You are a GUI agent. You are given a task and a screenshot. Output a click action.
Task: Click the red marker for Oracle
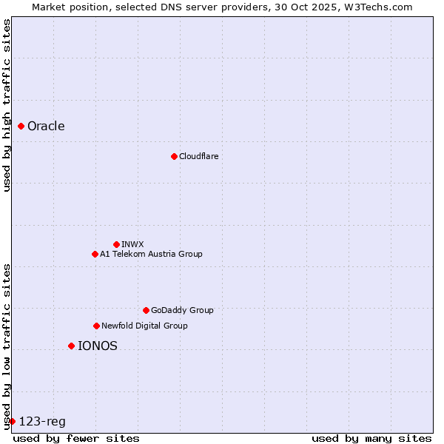click(21, 126)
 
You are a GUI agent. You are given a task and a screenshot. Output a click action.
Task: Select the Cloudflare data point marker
click(174, 156)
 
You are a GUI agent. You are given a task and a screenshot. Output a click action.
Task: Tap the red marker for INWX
click(116, 244)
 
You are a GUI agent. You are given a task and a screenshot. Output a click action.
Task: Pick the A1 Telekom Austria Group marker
click(95, 254)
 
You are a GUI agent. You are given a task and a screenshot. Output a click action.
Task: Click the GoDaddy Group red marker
click(146, 310)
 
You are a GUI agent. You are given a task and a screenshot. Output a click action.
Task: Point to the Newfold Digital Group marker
click(96, 326)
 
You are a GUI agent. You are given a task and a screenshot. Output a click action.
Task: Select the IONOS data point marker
click(71, 346)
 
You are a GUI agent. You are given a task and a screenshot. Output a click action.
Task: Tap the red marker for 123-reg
click(12, 421)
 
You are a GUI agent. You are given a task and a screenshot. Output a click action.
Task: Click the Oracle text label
click(46, 126)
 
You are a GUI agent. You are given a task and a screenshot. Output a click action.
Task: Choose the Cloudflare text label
click(198, 156)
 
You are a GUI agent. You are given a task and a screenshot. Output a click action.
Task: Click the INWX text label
click(132, 244)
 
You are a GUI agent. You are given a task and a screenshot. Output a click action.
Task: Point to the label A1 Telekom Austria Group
click(151, 254)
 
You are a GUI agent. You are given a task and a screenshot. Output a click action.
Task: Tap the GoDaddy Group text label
click(182, 310)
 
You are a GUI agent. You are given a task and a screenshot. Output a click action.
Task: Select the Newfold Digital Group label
click(144, 326)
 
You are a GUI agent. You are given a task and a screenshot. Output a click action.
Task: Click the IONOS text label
click(97, 346)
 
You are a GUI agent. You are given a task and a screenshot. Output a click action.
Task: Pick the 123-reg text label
click(42, 421)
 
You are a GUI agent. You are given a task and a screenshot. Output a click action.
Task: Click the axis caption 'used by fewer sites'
click(76, 438)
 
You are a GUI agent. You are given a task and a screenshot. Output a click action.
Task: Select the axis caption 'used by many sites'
click(371, 438)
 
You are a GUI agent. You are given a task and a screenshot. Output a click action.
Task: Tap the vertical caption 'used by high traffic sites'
click(7, 105)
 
